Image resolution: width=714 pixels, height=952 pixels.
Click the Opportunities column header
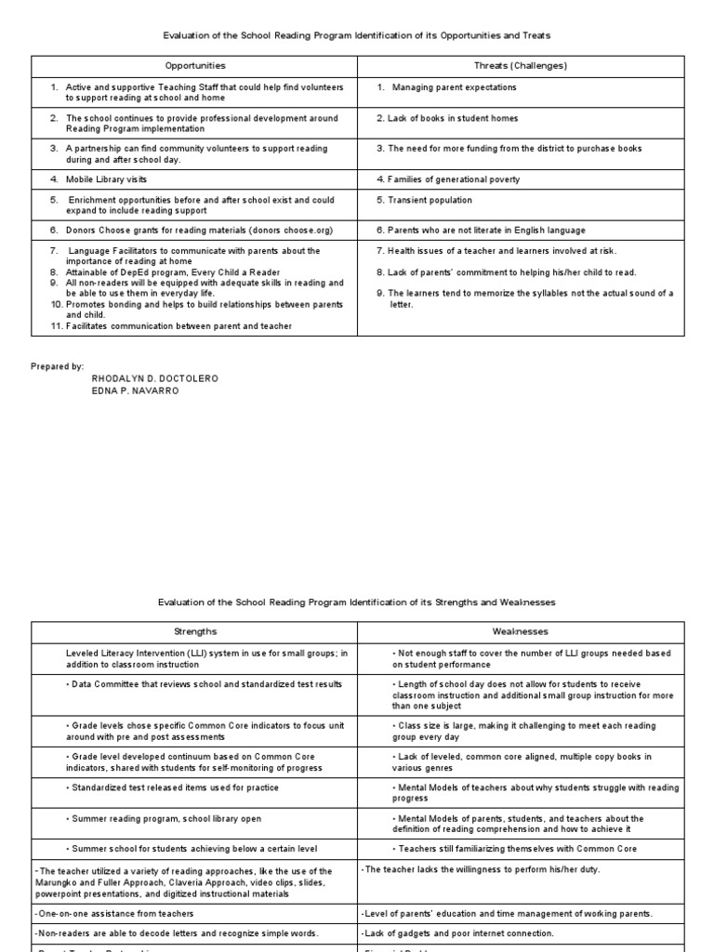pyautogui.click(x=195, y=66)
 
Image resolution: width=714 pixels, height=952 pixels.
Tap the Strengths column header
pyautogui.click(x=195, y=631)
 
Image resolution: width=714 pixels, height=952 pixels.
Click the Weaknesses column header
pyautogui.click(x=521, y=631)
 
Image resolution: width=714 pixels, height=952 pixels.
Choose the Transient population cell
pyautogui.click(x=423, y=200)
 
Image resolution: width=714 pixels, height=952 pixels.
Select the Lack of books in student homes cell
pyautogui.click(x=447, y=118)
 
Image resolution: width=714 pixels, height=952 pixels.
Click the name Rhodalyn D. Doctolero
pyautogui.click(x=154, y=378)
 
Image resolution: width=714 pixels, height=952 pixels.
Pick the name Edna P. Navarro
pyautogui.click(x=135, y=390)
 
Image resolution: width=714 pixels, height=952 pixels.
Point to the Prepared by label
pyautogui.click(x=58, y=366)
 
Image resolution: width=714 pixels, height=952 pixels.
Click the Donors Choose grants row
pyautogui.click(x=199, y=230)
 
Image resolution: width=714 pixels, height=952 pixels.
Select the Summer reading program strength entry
pyautogui.click(x=164, y=818)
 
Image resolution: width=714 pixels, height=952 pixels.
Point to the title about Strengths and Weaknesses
pyautogui.click(x=358, y=602)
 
